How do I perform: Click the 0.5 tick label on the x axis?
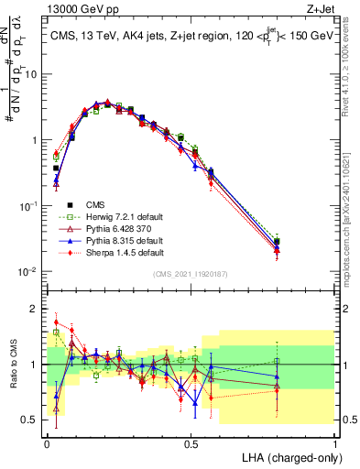(191, 442)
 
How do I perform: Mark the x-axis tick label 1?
(335, 442)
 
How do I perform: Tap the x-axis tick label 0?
(47, 442)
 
